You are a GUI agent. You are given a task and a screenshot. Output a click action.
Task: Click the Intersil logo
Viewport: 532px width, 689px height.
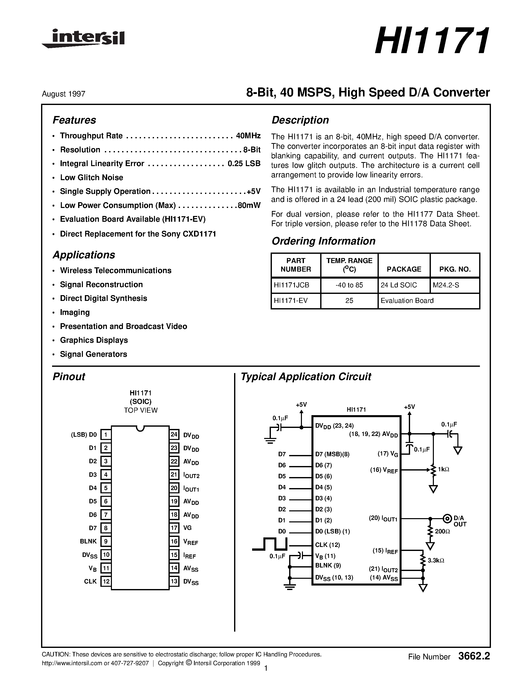point(84,39)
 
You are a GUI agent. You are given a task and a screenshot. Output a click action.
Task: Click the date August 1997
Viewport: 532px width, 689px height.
point(63,94)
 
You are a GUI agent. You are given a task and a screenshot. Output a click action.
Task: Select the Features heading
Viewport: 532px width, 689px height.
point(74,120)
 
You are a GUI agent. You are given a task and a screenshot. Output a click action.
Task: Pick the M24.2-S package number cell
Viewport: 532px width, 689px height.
point(446,285)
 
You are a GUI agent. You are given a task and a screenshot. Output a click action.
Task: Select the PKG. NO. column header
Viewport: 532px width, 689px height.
point(455,269)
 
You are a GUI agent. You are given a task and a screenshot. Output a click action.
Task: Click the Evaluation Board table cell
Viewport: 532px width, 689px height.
point(407,301)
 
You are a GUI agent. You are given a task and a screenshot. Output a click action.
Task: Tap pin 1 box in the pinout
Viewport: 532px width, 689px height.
point(106,435)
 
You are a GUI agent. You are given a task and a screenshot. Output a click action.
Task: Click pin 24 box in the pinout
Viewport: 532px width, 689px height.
point(174,434)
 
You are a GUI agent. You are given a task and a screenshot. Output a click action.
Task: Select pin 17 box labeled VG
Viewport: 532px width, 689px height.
point(174,528)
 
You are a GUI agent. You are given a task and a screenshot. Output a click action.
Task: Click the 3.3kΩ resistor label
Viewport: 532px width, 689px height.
point(436,561)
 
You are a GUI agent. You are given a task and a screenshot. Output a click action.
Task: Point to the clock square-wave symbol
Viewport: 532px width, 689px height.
point(270,544)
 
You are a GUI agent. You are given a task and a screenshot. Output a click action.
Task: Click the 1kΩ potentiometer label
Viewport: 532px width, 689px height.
point(443,470)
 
